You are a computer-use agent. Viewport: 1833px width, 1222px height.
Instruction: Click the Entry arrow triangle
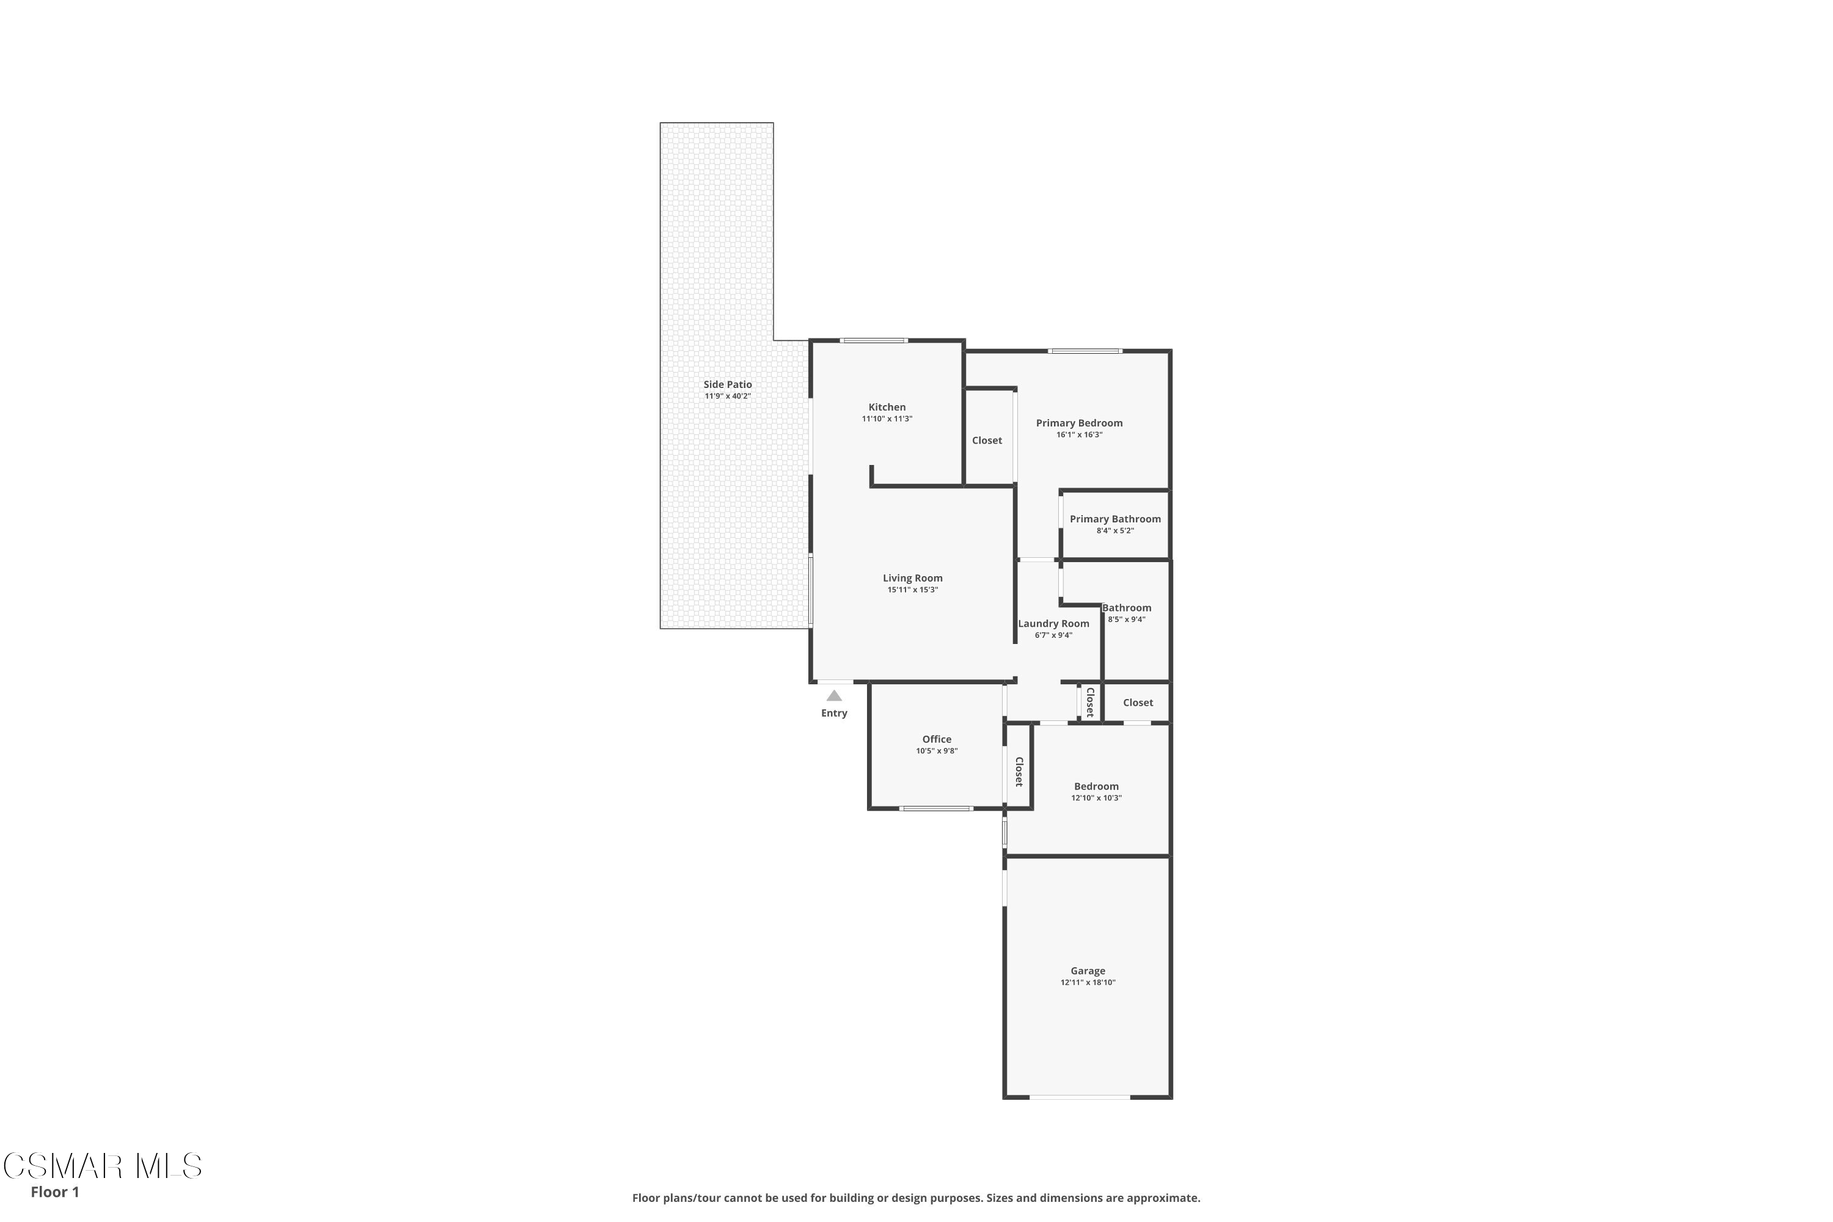[834, 696]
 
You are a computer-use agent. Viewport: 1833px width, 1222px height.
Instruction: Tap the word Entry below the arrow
[834, 713]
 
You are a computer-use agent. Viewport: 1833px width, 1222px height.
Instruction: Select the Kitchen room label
[887, 407]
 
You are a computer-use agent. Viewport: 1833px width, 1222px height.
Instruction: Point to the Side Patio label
[727, 384]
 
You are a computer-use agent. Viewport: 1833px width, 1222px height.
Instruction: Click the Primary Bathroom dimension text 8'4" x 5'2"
[1114, 531]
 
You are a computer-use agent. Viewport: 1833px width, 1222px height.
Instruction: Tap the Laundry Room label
[1053, 623]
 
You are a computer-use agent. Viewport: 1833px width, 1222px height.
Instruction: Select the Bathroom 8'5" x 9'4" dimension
[1126, 620]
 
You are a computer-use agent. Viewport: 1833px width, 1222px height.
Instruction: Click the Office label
[936, 739]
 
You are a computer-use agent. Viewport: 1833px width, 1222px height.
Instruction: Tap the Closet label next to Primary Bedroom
[987, 441]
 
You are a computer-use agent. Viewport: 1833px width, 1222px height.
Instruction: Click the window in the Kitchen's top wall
[873, 340]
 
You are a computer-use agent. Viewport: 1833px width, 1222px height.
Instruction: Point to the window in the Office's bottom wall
[935, 808]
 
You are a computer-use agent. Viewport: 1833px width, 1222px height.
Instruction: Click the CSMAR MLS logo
[102, 1166]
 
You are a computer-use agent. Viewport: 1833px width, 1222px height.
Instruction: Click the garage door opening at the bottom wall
[1080, 1097]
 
